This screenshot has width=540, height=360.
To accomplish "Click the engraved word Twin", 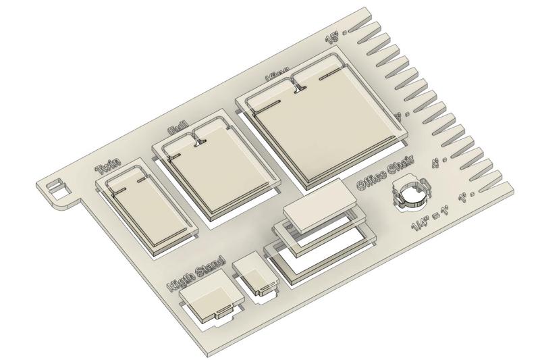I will pos(108,166).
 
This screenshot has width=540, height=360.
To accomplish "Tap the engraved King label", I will pos(277,71).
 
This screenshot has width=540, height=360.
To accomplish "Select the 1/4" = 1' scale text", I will pos(434,220).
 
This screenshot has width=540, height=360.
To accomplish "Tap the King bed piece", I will pos(324,128).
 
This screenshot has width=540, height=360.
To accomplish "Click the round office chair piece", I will pos(412,195).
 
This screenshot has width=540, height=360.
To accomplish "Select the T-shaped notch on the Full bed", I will pos(199,140).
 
